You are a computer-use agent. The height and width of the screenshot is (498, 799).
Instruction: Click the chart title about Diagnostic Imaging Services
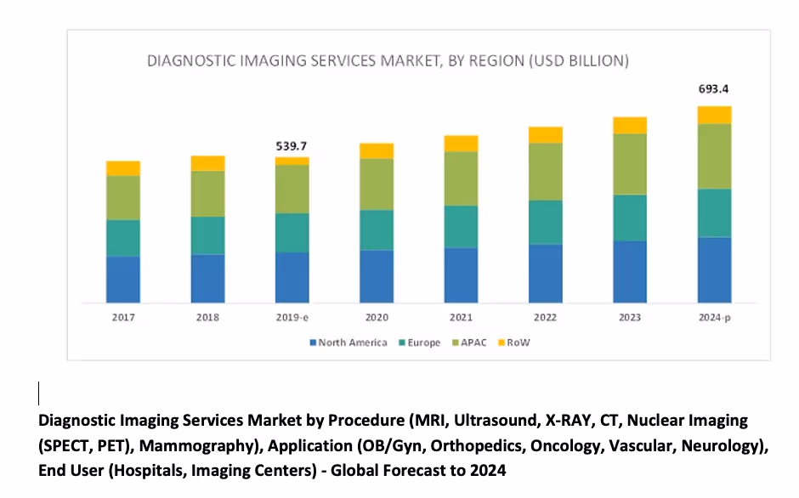point(388,61)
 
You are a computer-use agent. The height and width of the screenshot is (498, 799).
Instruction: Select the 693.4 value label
point(715,88)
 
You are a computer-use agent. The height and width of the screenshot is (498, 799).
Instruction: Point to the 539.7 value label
point(292,146)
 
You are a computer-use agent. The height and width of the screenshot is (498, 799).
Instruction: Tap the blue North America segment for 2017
point(123,279)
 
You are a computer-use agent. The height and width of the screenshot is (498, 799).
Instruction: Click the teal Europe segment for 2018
point(207,235)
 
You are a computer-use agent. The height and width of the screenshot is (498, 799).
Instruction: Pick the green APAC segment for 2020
point(377,184)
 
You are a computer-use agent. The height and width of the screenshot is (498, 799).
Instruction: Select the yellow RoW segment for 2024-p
point(715,115)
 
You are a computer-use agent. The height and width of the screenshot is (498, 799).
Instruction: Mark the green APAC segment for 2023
point(630,164)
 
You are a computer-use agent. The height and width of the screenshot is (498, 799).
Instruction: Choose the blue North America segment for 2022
point(546,273)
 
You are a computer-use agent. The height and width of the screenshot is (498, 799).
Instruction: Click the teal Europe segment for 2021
point(461,227)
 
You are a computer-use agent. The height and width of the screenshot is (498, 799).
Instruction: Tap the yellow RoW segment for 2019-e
point(292,161)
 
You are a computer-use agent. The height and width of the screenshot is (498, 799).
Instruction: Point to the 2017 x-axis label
point(123,318)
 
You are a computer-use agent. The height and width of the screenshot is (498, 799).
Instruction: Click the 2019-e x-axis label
point(292,318)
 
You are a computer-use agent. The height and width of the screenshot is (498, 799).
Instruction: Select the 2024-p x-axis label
point(715,318)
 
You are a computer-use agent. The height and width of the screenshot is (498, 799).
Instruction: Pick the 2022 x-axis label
point(546,318)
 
